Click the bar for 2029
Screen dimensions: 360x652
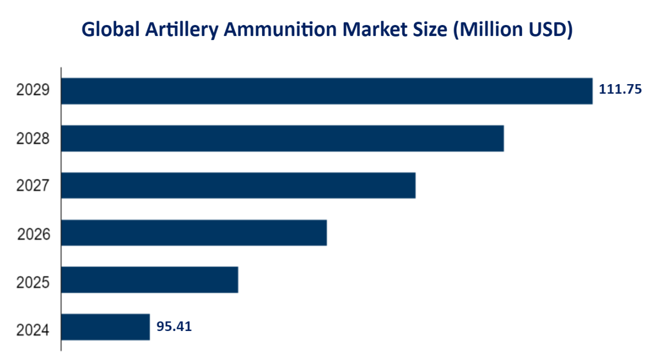pyautogui.click(x=327, y=91)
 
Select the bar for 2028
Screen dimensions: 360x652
pyautogui.click(x=283, y=138)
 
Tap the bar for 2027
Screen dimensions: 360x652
pyautogui.click(x=238, y=185)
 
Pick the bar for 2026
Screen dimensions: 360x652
pyautogui.click(x=194, y=232)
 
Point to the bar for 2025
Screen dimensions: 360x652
pyautogui.click(x=150, y=279)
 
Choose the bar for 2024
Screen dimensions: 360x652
pyautogui.click(x=106, y=327)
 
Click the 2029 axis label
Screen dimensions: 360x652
pyautogui.click(x=33, y=91)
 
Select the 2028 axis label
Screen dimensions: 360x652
pyautogui.click(x=33, y=138)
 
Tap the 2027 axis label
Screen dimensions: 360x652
pyautogui.click(x=33, y=186)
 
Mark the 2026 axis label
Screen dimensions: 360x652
pyautogui.click(x=34, y=233)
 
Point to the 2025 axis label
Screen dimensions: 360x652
pyautogui.click(x=33, y=282)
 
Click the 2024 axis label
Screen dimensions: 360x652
pyautogui.click(x=33, y=330)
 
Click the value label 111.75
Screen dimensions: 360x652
pyautogui.click(x=620, y=90)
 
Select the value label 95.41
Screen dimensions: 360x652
pyautogui.click(x=174, y=326)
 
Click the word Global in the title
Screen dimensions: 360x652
pyautogui.click(x=110, y=30)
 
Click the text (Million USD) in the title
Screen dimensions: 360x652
pyautogui.click(x=512, y=30)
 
